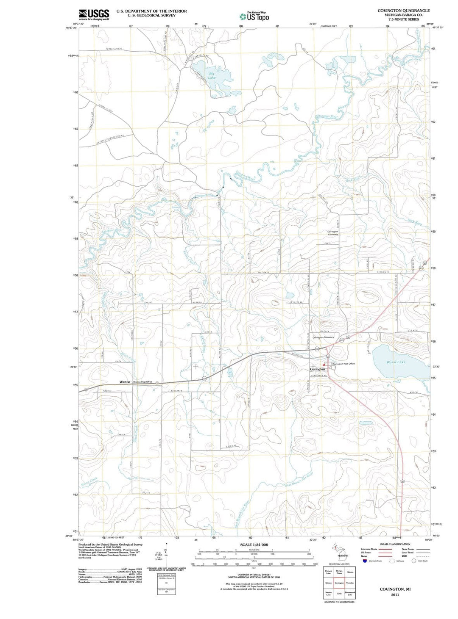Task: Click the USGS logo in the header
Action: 94,14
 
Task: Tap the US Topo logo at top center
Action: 254,17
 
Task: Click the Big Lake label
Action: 212,75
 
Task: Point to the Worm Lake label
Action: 396,362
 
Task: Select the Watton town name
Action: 125,382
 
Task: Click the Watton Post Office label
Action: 142,382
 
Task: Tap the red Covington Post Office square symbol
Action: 324,364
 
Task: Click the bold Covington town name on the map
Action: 317,369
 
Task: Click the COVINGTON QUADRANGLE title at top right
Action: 403,11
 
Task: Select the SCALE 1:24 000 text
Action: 254,544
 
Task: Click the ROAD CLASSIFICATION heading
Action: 395,544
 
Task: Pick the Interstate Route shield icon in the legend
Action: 365,561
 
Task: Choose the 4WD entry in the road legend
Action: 404,556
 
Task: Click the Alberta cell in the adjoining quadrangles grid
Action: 350,572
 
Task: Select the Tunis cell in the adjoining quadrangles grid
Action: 339,594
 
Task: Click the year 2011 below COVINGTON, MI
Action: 395,594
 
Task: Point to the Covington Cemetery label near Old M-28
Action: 323,337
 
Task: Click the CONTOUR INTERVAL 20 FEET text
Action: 254,575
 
